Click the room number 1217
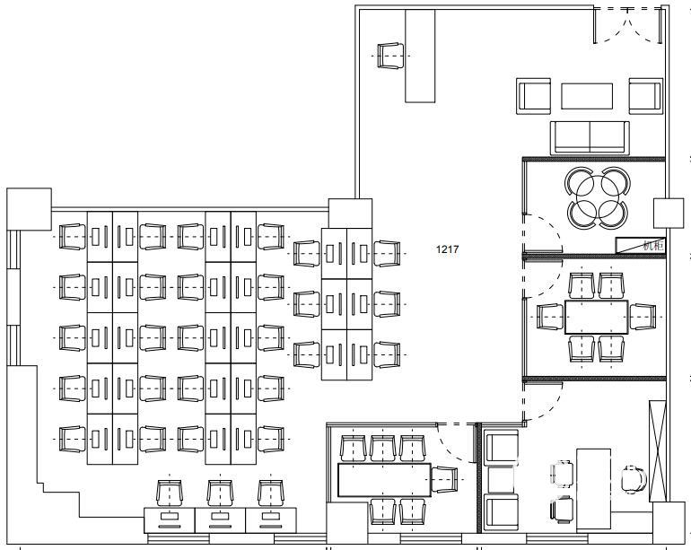coord(447,249)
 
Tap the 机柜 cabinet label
coord(652,246)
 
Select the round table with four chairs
coord(598,197)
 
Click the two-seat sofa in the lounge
coord(590,137)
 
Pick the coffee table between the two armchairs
coord(587,96)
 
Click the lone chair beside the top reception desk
coord(390,56)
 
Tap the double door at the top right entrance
coord(627,25)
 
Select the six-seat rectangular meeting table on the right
coord(596,317)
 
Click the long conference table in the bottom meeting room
coord(384,480)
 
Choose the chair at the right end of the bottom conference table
coord(445,479)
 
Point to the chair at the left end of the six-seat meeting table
coord(550,317)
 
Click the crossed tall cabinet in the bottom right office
coord(658,450)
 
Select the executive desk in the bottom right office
coord(593,489)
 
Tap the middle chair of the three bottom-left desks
coord(221,493)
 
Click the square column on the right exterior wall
coord(668,213)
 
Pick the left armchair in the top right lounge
coord(533,96)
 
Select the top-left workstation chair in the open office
coord(73,237)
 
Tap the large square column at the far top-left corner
coord(29,209)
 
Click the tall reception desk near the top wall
coord(420,56)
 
